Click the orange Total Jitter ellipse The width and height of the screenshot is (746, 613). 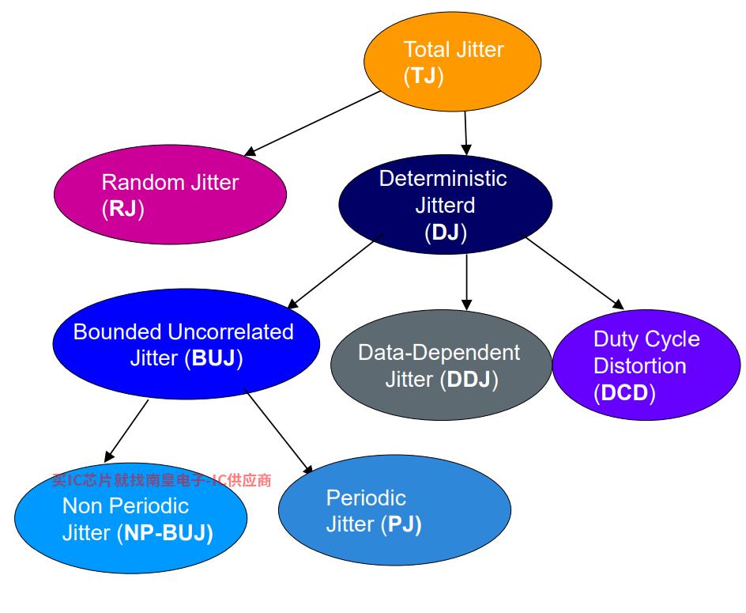click(452, 62)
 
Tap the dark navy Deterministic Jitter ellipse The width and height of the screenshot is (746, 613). click(446, 204)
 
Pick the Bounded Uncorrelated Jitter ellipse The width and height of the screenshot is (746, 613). click(186, 345)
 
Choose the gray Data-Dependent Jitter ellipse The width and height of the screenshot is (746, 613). click(440, 365)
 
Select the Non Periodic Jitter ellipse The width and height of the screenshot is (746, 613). click(130, 518)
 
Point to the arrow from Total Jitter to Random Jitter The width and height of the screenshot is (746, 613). click(313, 123)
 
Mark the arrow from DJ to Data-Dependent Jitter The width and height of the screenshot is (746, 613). click(466, 281)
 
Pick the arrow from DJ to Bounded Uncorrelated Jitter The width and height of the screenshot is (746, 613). click(335, 270)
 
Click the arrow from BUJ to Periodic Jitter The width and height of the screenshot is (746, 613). click(279, 432)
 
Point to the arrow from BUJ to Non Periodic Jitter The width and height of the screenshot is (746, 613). click(126, 430)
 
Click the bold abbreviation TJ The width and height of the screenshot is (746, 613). click(424, 77)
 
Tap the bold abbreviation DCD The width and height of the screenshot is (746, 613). click(624, 393)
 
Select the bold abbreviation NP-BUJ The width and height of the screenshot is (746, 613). click(165, 533)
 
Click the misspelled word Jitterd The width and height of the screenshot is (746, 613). click(446, 206)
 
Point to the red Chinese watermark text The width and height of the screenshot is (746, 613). click(162, 480)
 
